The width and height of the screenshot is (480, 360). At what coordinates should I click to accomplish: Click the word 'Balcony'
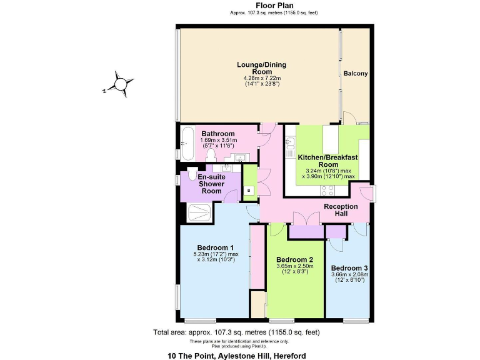click(356, 74)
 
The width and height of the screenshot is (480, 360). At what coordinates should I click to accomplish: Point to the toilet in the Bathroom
click(211, 154)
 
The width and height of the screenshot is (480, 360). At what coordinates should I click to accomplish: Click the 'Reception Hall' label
click(341, 211)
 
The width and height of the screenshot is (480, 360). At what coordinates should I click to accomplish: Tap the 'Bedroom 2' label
click(294, 259)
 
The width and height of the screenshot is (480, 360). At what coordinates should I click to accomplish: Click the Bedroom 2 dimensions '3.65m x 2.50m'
click(294, 267)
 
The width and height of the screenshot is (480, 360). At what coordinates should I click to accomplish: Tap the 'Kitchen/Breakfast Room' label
click(327, 161)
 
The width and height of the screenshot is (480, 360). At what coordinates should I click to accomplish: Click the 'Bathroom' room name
click(218, 134)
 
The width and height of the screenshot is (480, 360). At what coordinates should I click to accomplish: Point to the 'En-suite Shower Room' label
click(211, 184)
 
